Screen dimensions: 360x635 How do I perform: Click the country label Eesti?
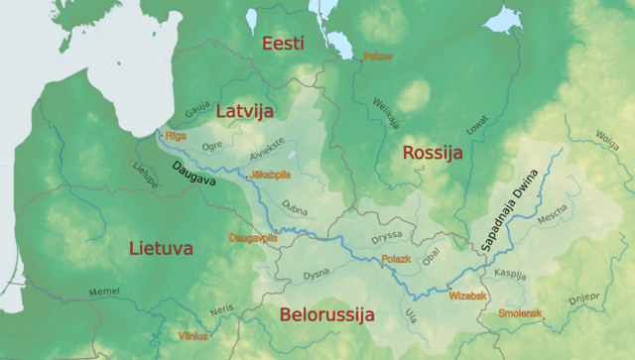pyautogui.click(x=283, y=44)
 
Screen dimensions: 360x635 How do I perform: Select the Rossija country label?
pyautogui.click(x=432, y=154)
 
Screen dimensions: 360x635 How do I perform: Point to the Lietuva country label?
pyautogui.click(x=161, y=248)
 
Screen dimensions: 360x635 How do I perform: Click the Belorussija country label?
pyautogui.click(x=326, y=315)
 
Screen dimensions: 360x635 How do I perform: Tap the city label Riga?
pyautogui.click(x=176, y=135)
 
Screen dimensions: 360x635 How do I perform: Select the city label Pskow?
pyautogui.click(x=378, y=57)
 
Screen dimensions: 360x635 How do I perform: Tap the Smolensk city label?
pyautogui.click(x=520, y=313)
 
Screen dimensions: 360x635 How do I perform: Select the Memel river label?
pyautogui.click(x=104, y=292)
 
